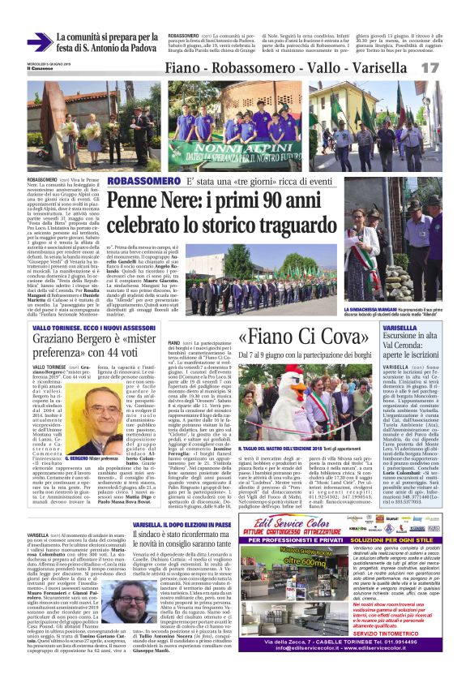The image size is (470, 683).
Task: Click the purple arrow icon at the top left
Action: [x=39, y=42]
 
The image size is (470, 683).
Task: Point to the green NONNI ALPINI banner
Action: [x=224, y=151]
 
